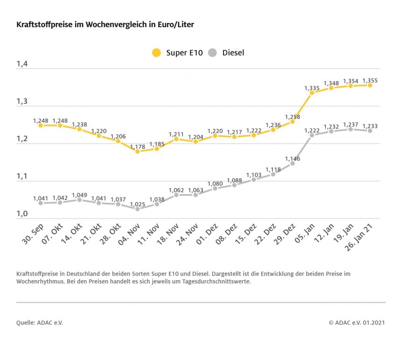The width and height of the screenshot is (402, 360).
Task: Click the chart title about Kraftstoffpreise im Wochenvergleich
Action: [105, 24]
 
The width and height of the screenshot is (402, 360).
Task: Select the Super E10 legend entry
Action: [178, 53]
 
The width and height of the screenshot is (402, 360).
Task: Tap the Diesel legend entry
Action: [226, 53]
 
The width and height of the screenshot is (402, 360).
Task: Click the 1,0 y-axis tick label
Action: [22, 214]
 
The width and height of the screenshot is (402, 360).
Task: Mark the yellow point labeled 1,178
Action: [137, 152]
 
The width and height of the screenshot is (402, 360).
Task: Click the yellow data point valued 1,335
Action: [312, 92]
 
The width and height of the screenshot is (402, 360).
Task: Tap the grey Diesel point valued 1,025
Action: [137, 209]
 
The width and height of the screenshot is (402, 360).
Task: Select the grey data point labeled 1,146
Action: [292, 163]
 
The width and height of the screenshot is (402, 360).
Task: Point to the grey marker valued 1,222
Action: [312, 135]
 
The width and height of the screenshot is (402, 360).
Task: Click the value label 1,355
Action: [370, 80]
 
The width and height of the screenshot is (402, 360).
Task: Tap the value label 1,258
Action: [292, 116]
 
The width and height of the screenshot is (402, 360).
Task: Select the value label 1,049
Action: [79, 194]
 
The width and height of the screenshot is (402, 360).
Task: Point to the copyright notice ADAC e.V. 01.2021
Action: [357, 323]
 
